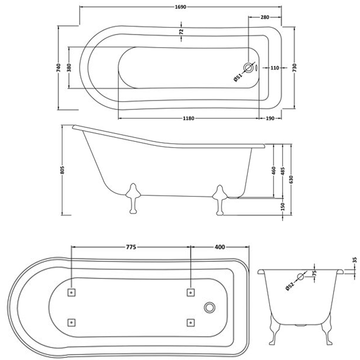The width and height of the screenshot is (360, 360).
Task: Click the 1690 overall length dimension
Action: click(x=180, y=8)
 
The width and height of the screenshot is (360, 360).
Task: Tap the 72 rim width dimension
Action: click(x=181, y=31)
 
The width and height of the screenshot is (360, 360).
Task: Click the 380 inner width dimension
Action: click(x=69, y=68)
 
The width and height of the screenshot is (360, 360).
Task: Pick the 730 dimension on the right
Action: click(x=294, y=68)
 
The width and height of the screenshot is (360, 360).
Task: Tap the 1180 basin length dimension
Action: click(x=189, y=119)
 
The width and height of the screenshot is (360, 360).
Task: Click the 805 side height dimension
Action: click(x=63, y=170)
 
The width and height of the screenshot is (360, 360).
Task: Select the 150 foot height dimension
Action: click(x=282, y=207)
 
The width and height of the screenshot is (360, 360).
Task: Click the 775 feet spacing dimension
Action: click(x=130, y=247)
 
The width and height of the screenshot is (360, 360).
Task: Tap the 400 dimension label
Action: click(x=220, y=247)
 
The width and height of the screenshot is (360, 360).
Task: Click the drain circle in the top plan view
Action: click(x=248, y=68)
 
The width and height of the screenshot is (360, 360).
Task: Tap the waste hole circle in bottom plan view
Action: click(x=209, y=307)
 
